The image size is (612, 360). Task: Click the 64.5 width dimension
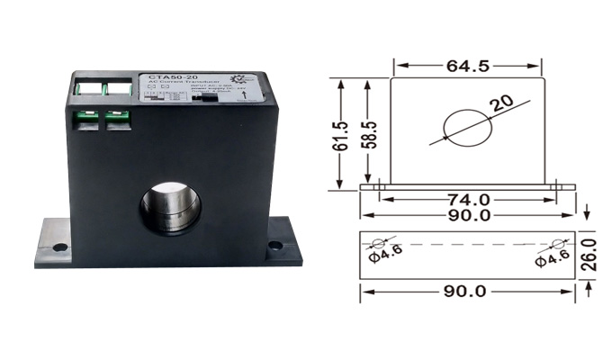point(466,66)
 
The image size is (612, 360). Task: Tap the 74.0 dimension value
point(467,199)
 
